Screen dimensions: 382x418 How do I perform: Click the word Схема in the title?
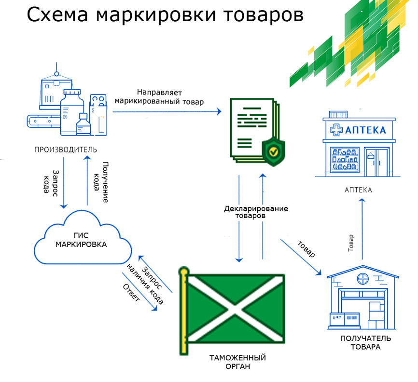(x=57, y=15)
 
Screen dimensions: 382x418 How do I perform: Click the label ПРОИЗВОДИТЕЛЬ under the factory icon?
(x=62, y=149)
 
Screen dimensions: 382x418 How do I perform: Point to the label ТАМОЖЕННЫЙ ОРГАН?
(x=237, y=362)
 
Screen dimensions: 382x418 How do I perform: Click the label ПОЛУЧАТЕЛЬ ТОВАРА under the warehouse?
(x=365, y=342)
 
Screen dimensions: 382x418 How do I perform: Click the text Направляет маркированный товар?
(x=158, y=96)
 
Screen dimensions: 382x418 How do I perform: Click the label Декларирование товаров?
(x=256, y=213)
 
